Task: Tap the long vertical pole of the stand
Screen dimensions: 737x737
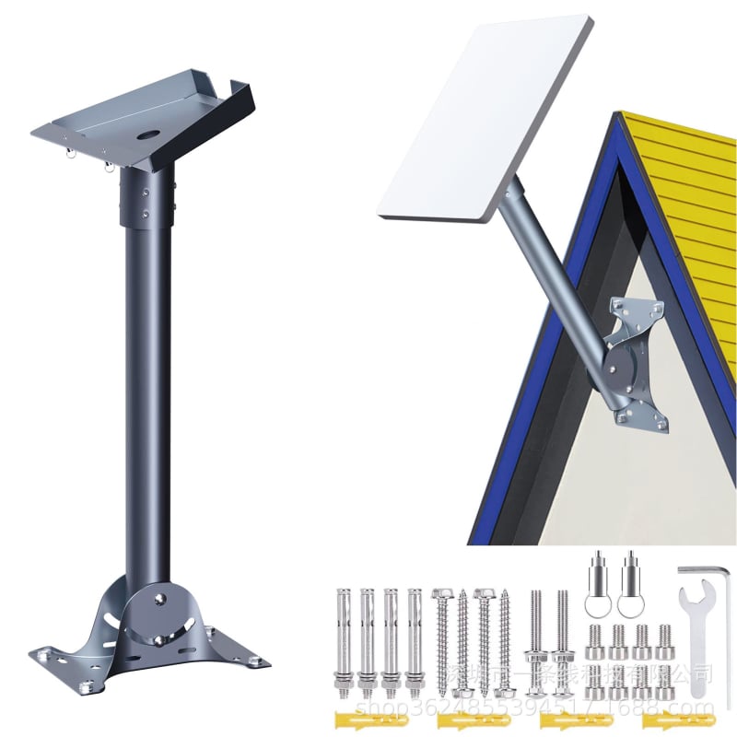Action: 147,387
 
